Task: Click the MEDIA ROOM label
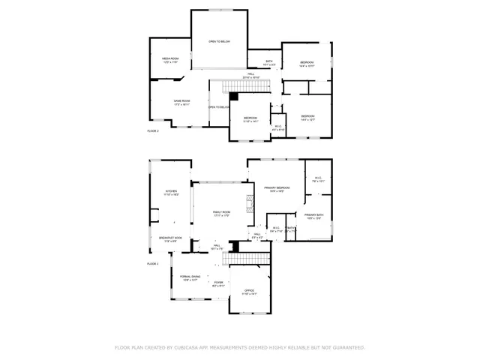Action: point(169,58)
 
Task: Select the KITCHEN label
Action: point(171,191)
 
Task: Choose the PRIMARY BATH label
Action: point(314,215)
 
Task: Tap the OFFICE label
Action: point(250,290)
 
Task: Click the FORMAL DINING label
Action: point(190,277)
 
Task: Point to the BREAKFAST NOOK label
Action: point(167,238)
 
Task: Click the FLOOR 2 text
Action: point(153,130)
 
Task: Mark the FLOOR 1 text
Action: point(153,264)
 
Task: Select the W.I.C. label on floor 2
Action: point(277,126)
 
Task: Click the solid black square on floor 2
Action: point(233,96)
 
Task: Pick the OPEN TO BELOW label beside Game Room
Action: point(218,107)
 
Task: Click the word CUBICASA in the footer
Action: point(190,348)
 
